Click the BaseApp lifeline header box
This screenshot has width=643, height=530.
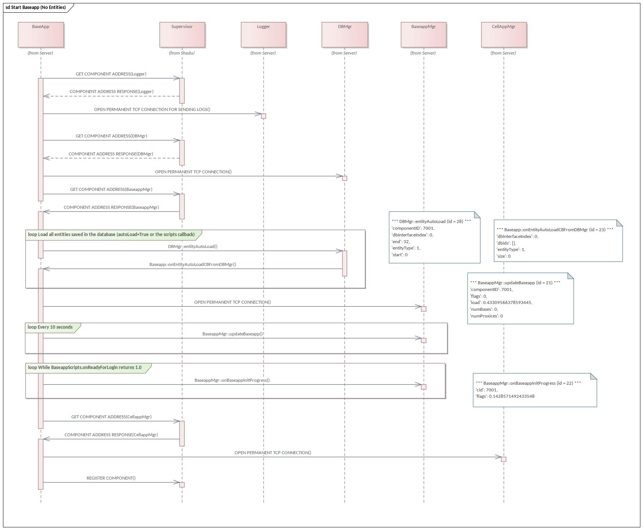pos(41,35)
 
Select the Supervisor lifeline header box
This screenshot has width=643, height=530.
pos(182,35)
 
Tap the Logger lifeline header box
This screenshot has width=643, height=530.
pos(263,35)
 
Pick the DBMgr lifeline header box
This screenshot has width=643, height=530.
pos(344,35)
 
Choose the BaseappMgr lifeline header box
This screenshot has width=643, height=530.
pos(423,35)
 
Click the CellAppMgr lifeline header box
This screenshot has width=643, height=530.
pos(504,35)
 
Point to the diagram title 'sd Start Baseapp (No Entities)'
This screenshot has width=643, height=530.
pos(36,7)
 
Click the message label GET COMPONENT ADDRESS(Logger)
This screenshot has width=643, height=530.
pos(111,74)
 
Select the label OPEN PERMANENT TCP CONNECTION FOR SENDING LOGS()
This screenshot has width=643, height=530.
pos(152,109)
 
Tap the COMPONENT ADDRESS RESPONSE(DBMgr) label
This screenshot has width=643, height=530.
pos(111,154)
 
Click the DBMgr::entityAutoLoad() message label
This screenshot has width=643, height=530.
pos(192,247)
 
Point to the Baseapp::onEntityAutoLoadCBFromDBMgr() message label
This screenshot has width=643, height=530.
pos(192,264)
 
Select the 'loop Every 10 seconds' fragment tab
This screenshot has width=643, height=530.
pos(50,327)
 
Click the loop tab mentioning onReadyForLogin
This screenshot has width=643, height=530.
pos(85,368)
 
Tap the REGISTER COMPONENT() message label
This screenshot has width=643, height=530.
pos(111,478)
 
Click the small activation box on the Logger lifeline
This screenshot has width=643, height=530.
pos(263,116)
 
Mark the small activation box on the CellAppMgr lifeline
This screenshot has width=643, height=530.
pos(504,459)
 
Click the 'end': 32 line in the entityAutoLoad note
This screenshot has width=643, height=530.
pos(401,242)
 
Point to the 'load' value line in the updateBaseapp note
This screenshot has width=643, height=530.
pos(501,303)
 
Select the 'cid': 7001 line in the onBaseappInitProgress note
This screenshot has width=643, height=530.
pos(486,390)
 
